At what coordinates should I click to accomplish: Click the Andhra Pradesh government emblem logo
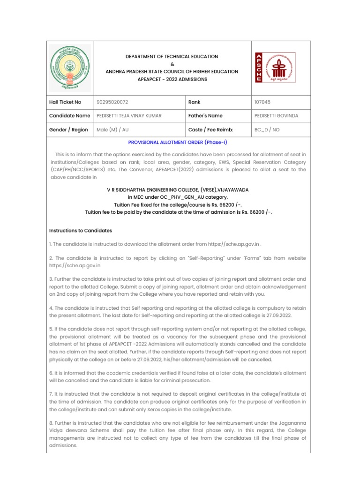tap(70, 68)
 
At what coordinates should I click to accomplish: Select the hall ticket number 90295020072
tap(112, 102)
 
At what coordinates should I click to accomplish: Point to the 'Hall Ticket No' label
tap(65, 102)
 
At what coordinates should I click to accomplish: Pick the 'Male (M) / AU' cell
tap(112, 130)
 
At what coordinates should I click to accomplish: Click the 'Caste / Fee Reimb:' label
tap(210, 130)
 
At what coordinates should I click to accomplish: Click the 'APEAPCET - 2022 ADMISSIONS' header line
tap(172, 79)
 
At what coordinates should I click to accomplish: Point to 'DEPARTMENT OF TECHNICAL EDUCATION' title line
tap(172, 56)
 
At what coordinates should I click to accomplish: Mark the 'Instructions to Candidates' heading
tap(81, 231)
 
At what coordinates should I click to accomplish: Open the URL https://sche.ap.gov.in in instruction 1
tap(233, 244)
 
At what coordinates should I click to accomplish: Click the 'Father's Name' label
tap(205, 116)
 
